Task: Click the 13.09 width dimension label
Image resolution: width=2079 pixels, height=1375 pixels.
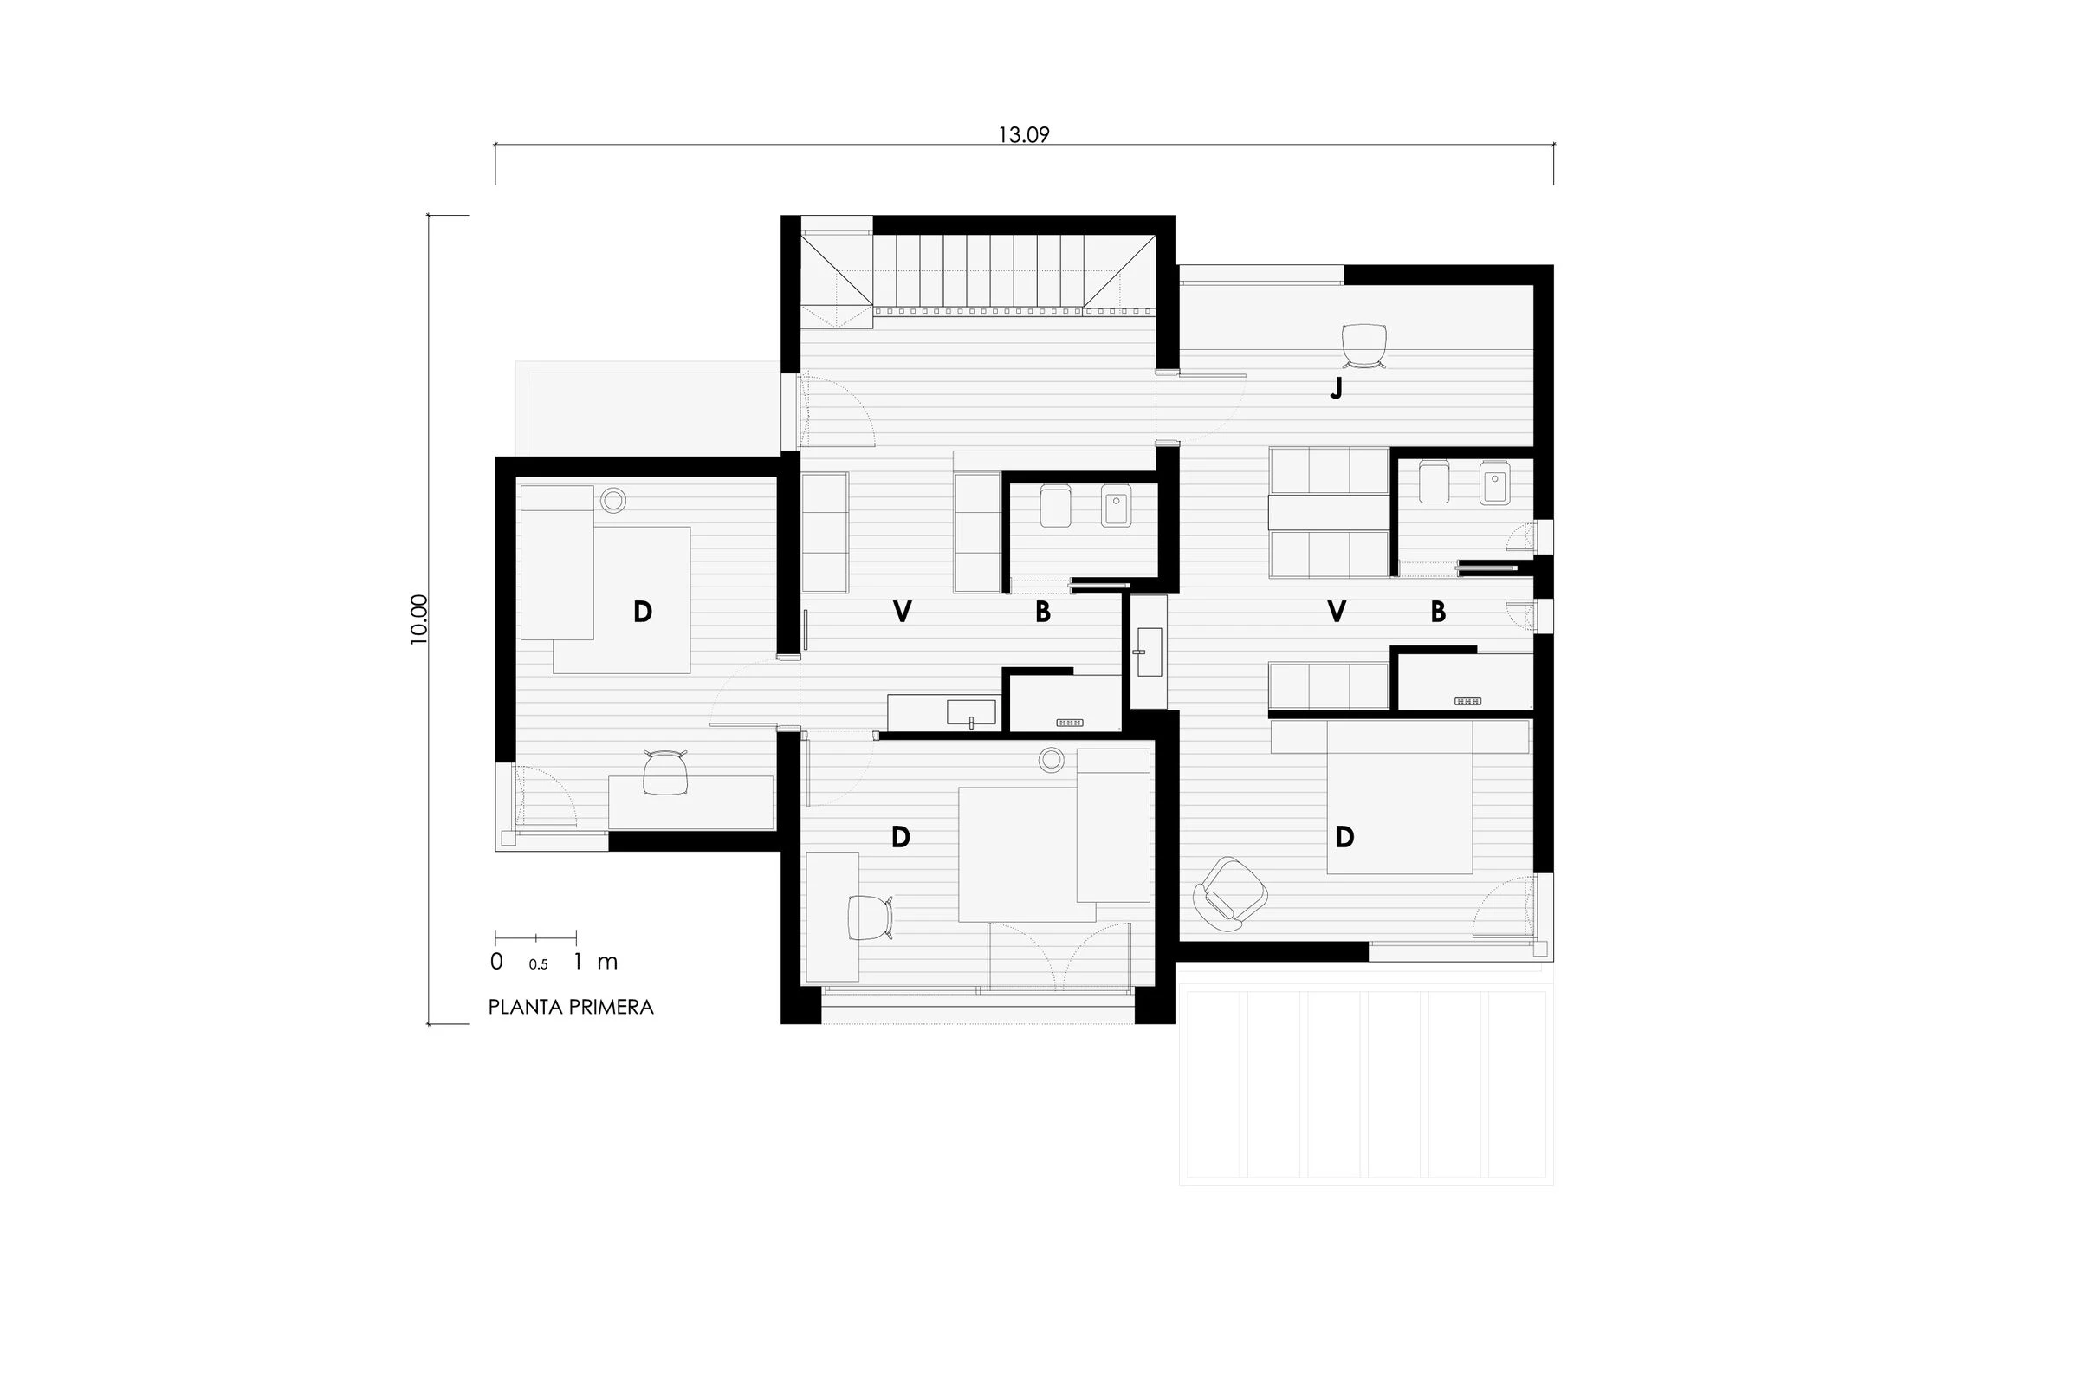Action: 1023,135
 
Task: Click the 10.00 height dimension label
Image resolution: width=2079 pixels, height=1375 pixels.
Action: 419,619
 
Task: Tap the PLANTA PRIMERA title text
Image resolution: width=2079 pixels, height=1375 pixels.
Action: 571,1007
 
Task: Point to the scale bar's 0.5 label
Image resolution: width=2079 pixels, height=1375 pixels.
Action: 538,964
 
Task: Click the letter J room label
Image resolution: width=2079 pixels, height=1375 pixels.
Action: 1336,388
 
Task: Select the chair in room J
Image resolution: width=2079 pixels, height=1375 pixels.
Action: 1364,345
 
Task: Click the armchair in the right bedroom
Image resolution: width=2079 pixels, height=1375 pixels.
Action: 1231,893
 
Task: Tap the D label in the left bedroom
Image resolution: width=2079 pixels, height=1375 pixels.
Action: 643,612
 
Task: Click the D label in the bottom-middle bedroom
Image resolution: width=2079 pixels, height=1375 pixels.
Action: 900,838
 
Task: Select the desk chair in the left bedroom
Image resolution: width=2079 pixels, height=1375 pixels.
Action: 665,773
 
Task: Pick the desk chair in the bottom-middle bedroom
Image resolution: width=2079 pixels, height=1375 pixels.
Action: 869,918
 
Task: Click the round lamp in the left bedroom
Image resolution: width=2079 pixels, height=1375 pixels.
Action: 612,501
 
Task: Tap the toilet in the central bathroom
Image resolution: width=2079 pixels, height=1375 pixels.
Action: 1055,506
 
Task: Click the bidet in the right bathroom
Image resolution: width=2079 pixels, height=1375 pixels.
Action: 1494,484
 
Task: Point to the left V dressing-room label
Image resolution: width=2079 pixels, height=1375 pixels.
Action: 901,612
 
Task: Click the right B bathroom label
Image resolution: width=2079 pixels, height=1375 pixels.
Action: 1437,612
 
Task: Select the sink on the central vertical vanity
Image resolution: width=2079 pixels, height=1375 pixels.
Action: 1149,652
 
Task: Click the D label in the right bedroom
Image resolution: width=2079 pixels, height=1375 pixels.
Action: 1344,838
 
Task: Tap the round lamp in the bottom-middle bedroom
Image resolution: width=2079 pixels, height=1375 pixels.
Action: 1051,761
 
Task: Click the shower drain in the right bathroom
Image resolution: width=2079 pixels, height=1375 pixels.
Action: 1467,702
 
